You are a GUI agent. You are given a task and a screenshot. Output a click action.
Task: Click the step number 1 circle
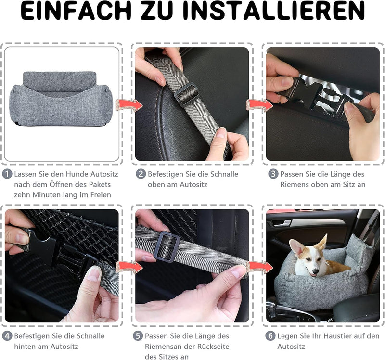[x=7, y=174]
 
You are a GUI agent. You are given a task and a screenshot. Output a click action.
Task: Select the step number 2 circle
[x=141, y=174]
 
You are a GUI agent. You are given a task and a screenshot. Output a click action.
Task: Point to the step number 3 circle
[x=273, y=174]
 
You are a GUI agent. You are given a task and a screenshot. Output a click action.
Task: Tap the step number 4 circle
[x=7, y=335]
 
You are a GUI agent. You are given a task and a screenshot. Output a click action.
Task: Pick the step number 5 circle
[x=138, y=335]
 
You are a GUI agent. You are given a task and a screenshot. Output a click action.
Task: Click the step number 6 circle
[x=270, y=335]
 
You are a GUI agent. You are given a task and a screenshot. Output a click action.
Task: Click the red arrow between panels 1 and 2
[x=129, y=105]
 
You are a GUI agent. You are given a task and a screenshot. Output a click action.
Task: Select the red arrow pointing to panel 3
[x=259, y=105]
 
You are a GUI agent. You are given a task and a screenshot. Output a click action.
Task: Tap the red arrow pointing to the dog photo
[x=260, y=267]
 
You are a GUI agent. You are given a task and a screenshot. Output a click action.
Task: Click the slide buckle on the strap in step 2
[x=186, y=94]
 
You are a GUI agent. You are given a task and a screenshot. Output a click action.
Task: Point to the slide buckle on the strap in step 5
[x=167, y=247]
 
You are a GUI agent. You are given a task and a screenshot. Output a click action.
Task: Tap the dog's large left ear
[x=297, y=248]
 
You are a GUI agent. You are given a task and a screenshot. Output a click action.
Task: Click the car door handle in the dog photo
[x=279, y=223]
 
